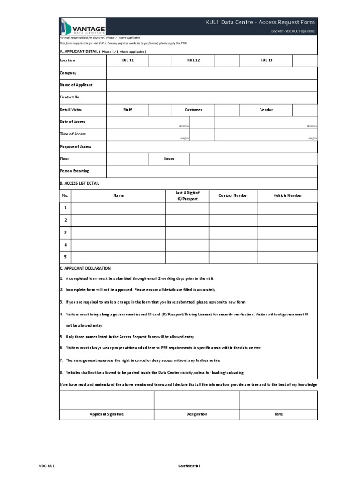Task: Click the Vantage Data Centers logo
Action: click(82, 26)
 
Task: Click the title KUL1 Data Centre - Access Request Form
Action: click(260, 22)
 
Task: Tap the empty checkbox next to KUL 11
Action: click(160, 60)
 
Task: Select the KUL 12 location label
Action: click(194, 60)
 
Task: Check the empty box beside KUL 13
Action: click(305, 60)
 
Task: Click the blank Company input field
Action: click(212, 73)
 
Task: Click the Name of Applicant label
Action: click(76, 85)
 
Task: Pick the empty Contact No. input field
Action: click(212, 97)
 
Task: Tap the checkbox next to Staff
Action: click(160, 110)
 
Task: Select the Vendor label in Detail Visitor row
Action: click(266, 110)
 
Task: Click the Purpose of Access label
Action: click(76, 147)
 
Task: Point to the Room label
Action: click(169, 159)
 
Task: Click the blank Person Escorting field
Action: click(212, 171)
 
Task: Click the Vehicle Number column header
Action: click(287, 195)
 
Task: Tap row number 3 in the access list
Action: click(65, 232)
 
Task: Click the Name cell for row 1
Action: click(118, 208)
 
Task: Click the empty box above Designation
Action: click(196, 400)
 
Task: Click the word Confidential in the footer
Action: click(189, 466)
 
